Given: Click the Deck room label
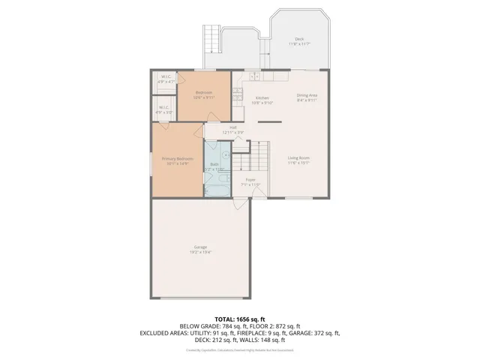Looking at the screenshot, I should pyautogui.click(x=299, y=38).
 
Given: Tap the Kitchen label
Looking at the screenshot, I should pyautogui.click(x=262, y=98).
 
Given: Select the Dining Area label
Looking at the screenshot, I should pyautogui.click(x=307, y=95).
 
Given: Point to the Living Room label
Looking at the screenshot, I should pyautogui.click(x=299, y=157).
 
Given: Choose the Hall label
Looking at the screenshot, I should pyautogui.click(x=233, y=127).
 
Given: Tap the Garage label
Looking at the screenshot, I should pyautogui.click(x=200, y=247).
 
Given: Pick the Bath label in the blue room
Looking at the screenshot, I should pyautogui.click(x=214, y=164).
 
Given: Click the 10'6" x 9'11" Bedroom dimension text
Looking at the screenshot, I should pyautogui.click(x=203, y=97).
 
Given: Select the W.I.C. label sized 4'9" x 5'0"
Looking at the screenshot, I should pyautogui.click(x=164, y=112).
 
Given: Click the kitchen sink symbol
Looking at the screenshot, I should pyautogui.click(x=253, y=75).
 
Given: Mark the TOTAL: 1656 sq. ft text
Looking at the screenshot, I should pyautogui.click(x=240, y=319).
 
